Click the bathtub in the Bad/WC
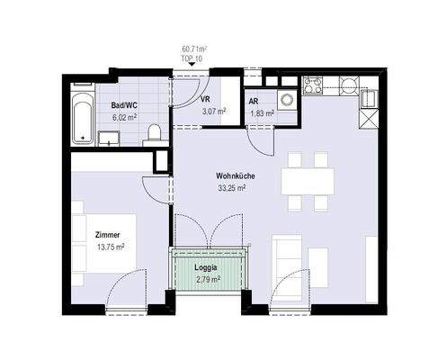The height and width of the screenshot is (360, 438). point(82,119)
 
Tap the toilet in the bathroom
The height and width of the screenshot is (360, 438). point(155,133)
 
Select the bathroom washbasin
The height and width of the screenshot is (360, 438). point(109,138)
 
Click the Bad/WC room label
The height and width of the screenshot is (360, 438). point(124,105)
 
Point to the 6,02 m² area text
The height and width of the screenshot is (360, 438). point(124,117)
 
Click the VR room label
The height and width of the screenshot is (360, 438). point(206,100)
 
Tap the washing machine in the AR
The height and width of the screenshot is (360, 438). point(287,99)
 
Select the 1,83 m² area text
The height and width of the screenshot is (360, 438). point(262,113)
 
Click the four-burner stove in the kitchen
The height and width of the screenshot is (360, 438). point(312,85)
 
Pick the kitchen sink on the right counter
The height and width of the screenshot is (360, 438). point(368,98)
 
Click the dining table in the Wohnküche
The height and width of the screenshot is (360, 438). point(308,181)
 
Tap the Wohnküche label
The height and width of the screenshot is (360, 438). point(236,176)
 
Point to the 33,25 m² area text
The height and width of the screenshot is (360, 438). point(232,188)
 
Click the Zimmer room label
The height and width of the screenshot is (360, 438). point(107,235)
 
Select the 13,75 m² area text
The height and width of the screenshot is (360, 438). point(111,247)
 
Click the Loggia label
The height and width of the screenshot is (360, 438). point(206,267)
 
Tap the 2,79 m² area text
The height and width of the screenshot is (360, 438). point(209,280)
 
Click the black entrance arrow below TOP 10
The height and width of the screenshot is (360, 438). point(192,64)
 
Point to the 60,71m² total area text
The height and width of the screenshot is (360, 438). point(195,49)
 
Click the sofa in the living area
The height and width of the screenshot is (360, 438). point(287,267)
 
